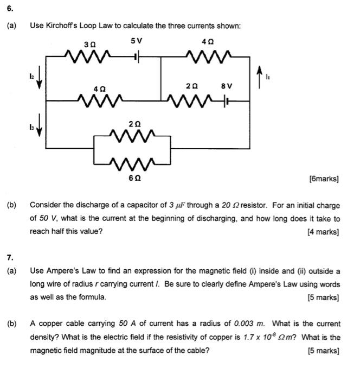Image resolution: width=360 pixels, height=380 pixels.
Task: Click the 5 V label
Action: coord(137,41)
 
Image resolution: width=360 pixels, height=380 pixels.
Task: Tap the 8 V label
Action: coord(227,86)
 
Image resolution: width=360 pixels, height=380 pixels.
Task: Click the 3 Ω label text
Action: coord(89,42)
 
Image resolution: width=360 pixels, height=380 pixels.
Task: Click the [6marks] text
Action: coord(324,179)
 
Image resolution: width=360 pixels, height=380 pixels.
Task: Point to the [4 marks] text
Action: coord(323,232)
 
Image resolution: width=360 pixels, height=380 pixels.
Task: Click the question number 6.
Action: coord(10,10)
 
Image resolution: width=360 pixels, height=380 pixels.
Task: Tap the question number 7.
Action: coord(10,257)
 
